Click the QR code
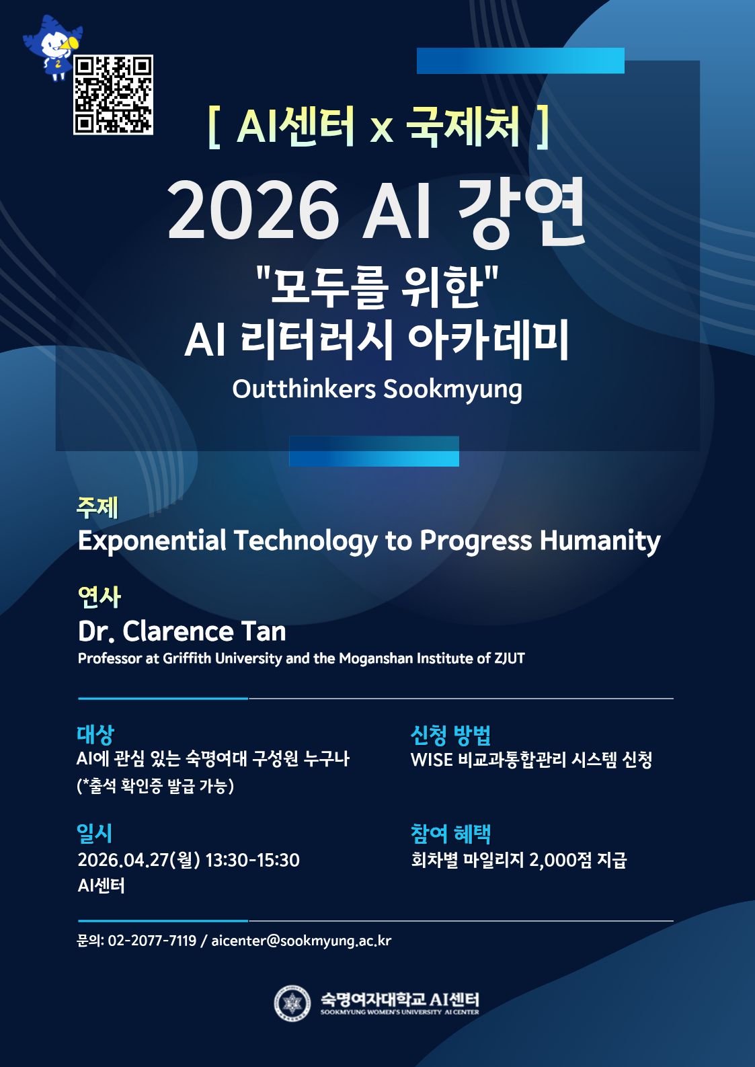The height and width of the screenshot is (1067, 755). (x=113, y=94)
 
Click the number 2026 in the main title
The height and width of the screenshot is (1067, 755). (x=253, y=210)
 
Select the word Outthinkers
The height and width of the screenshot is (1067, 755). (x=304, y=389)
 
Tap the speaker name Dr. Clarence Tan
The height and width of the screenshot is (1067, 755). (x=182, y=631)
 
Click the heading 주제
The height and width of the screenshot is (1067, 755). (x=97, y=508)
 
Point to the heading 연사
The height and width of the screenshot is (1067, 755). (x=99, y=597)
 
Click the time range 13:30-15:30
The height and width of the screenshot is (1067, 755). (x=253, y=861)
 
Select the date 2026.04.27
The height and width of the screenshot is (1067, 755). (x=124, y=861)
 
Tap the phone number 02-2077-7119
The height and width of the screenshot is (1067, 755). (x=152, y=941)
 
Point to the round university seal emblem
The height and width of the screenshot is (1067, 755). (x=292, y=1004)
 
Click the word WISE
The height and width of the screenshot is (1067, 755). (x=431, y=760)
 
